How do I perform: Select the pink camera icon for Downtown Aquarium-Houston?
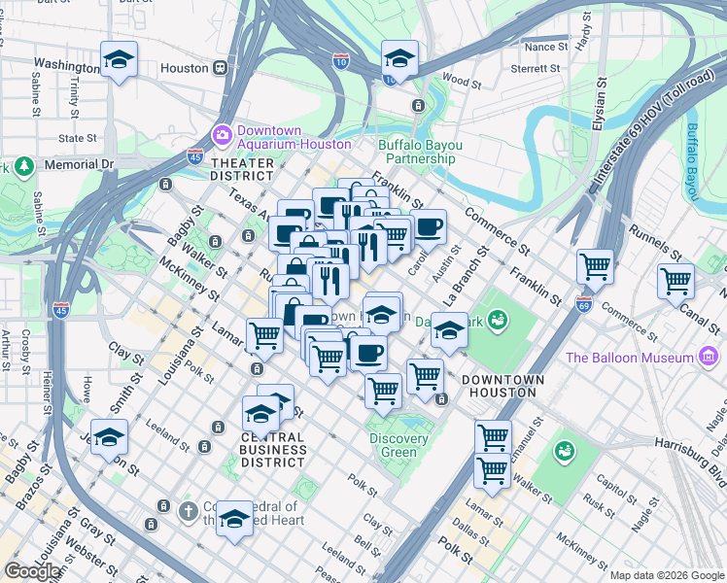(222, 132)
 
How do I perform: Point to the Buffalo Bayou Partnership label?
(420, 152)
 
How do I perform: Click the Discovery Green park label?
(398, 445)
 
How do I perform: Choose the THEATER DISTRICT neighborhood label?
(242, 170)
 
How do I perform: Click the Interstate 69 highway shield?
(583, 304)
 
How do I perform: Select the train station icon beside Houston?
(222, 68)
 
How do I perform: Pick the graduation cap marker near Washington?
(119, 60)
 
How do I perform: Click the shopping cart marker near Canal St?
(675, 282)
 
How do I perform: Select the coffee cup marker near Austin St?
(428, 228)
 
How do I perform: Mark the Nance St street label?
(545, 47)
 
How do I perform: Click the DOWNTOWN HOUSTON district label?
(499, 386)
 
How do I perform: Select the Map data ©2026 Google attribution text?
(667, 575)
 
